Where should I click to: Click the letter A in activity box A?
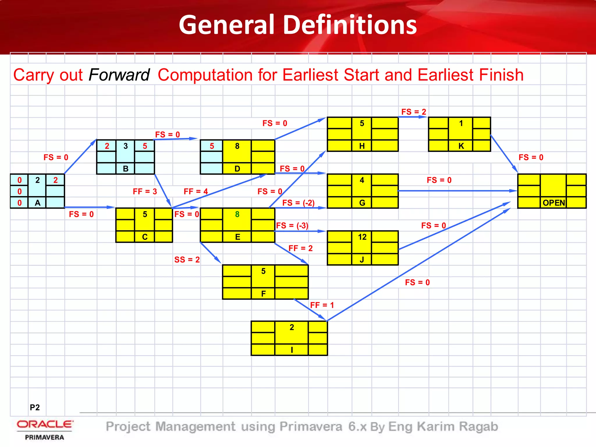[x=38, y=203]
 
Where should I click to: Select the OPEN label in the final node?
[x=554, y=203]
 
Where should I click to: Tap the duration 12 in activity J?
[x=362, y=237]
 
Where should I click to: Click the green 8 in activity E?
[x=237, y=214]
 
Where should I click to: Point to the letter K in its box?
[x=461, y=146]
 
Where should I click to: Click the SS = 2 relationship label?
[x=187, y=260]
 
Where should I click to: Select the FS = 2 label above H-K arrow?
[x=414, y=112]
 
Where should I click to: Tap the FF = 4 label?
[x=196, y=191]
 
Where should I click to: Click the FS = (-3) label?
[x=292, y=226]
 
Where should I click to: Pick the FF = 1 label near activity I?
[x=322, y=305]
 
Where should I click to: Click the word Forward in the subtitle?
[x=119, y=75]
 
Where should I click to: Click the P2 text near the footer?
[x=35, y=407]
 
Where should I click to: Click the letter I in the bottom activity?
[x=292, y=350]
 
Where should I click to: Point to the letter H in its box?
[x=362, y=146]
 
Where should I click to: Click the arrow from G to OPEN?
[x=457, y=191]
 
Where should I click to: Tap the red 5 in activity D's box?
[x=212, y=146]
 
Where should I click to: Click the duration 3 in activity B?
[x=125, y=146]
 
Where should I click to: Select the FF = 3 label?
[x=145, y=191]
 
